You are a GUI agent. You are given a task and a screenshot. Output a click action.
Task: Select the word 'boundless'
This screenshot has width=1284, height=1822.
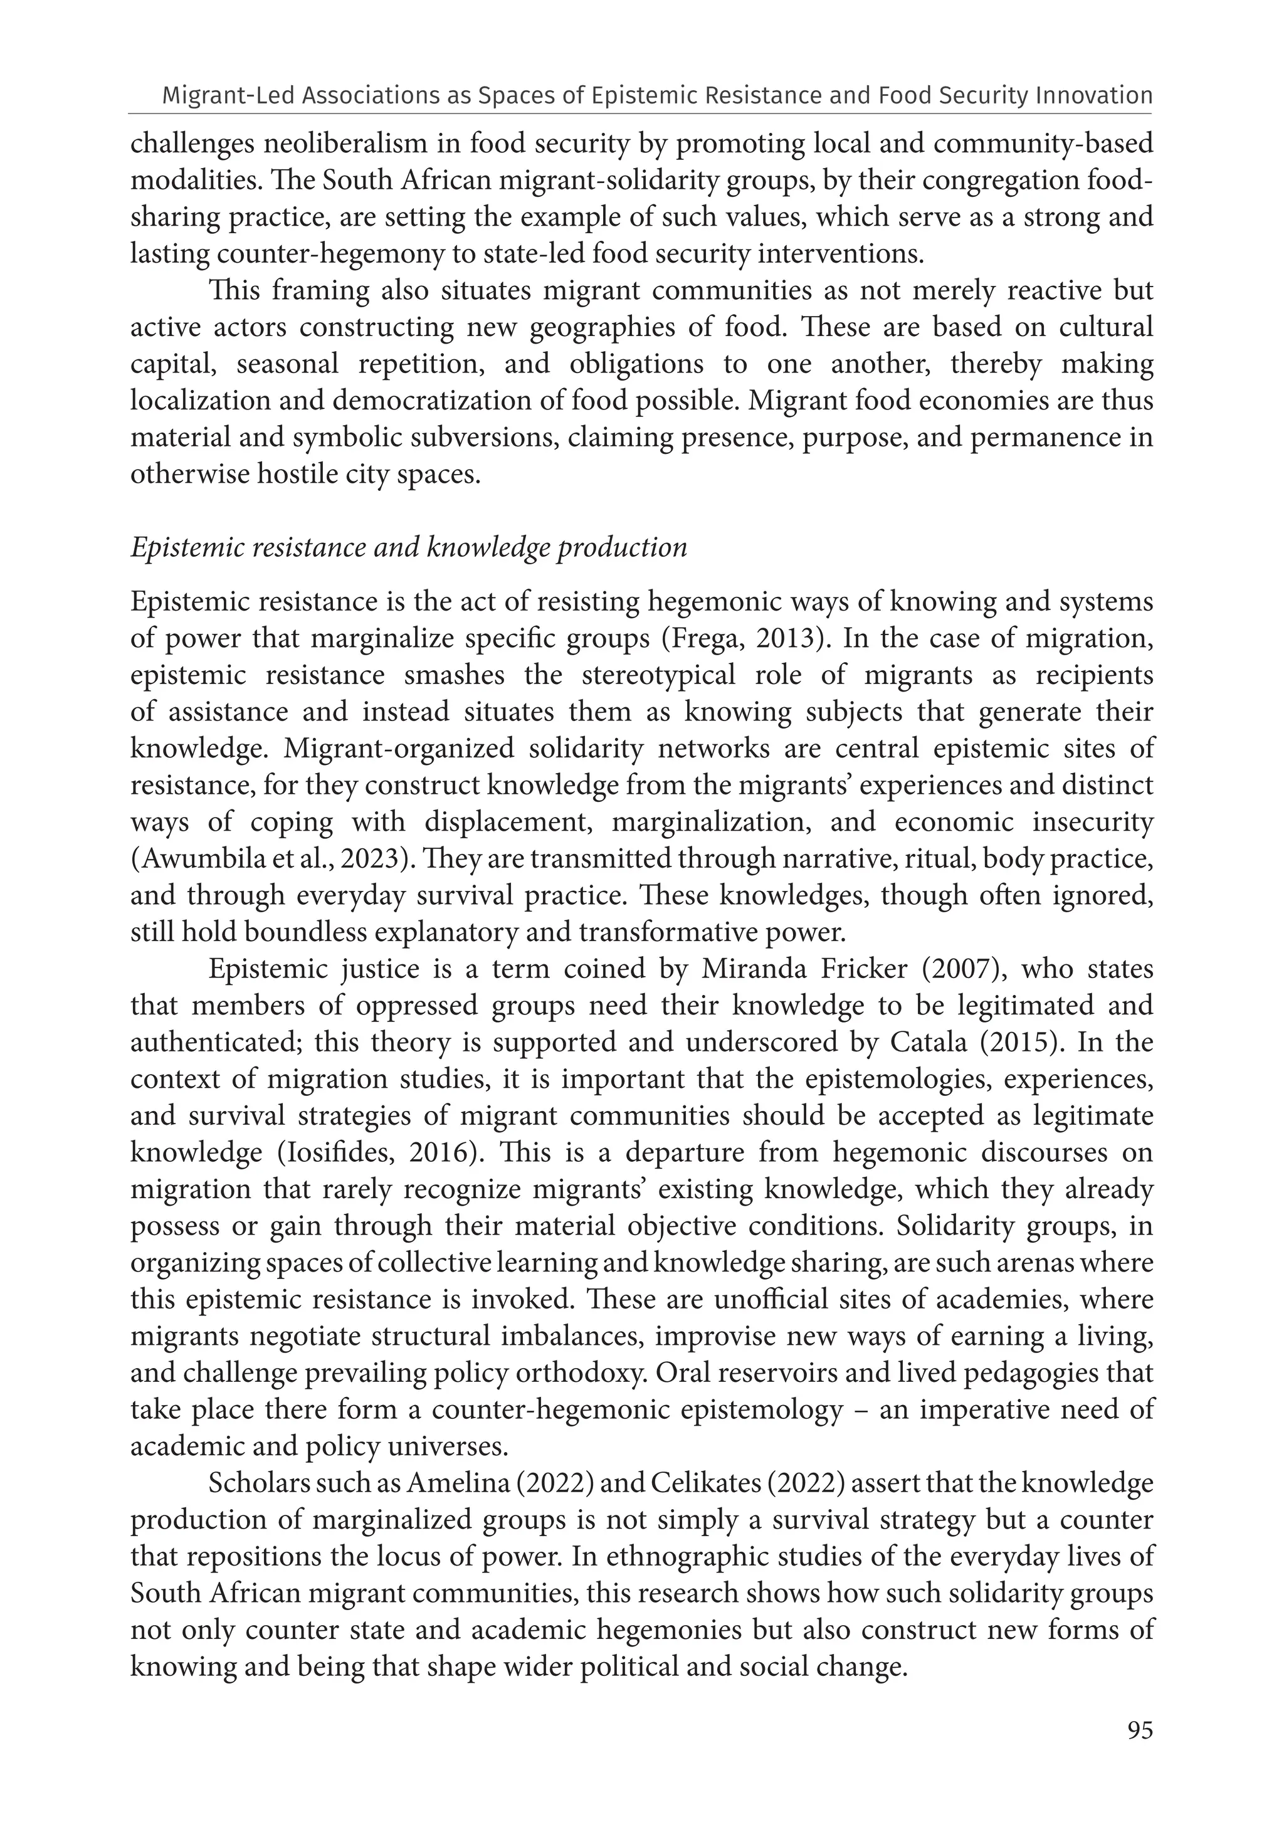click(301, 932)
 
